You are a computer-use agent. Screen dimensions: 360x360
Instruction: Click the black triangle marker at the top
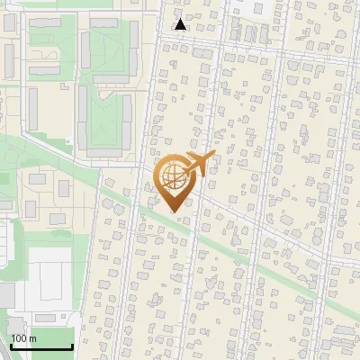pyautogui.click(x=181, y=24)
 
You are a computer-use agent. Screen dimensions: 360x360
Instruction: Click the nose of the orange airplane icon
pyautogui.click(x=213, y=158)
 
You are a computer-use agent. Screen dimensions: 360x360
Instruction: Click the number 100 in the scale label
pyautogui.click(x=19, y=339)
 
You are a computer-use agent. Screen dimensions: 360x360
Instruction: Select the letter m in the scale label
pyautogui.click(x=32, y=339)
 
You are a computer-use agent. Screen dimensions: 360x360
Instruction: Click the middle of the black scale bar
pyautogui.click(x=41, y=346)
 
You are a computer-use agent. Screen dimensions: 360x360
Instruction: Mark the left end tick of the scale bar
pyautogui.click(x=11, y=345)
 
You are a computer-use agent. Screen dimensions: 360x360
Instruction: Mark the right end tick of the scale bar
pyautogui.click(x=72, y=345)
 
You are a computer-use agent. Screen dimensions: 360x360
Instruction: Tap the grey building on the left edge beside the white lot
pyautogui.click(x=6, y=294)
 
